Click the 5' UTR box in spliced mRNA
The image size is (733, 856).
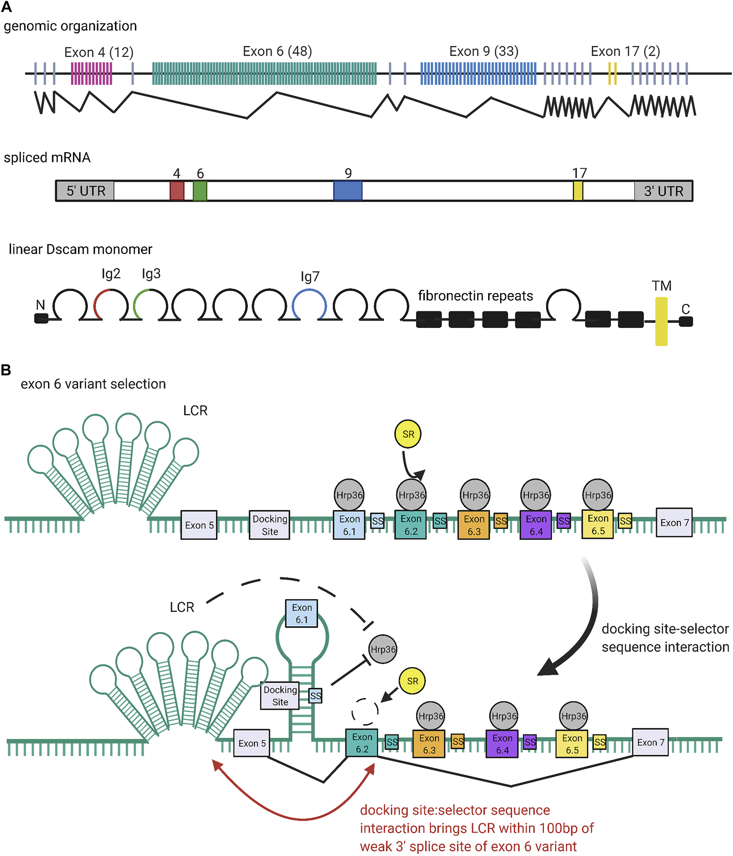point(85,191)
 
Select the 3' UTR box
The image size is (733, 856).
point(663,191)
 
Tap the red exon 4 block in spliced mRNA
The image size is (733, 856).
point(177,190)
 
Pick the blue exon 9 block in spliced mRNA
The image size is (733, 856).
point(348,190)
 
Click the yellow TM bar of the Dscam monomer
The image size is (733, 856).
point(661,321)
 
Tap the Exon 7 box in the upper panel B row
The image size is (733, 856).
point(674,522)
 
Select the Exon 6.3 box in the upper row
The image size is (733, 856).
point(474,525)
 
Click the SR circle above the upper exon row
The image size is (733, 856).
point(408,434)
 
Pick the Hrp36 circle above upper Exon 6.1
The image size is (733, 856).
point(349,495)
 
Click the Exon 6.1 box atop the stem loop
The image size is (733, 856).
point(302,613)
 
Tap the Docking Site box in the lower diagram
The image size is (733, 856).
point(280,696)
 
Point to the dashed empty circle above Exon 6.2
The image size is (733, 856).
point(365,712)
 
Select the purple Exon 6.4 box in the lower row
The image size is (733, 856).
point(502,743)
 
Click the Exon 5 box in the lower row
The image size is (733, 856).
point(252,743)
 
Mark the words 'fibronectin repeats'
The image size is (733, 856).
point(475,296)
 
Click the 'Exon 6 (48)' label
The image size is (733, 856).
point(277,51)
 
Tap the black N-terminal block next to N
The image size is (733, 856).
point(41,318)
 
